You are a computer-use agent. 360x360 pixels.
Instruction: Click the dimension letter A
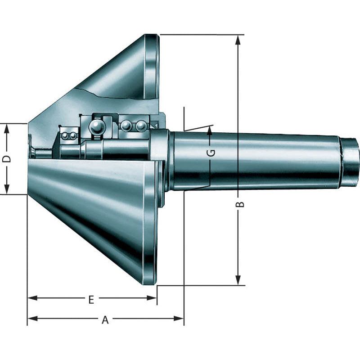pyautogui.click(x=105, y=319)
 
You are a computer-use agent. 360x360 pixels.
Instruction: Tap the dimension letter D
pyautogui.click(x=6, y=159)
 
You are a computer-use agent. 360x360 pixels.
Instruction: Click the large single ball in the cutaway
pyautogui.click(x=96, y=127)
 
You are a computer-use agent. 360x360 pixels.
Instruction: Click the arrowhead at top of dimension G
pyautogui.click(x=210, y=130)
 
